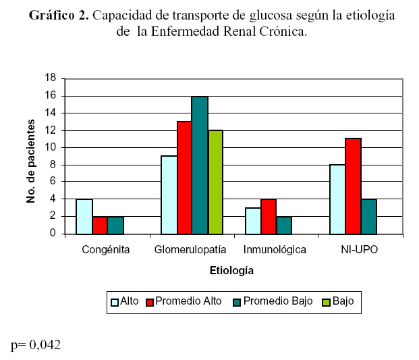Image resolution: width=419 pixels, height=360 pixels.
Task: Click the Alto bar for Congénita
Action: click(x=84, y=216)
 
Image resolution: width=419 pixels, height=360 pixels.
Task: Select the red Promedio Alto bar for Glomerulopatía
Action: click(x=184, y=178)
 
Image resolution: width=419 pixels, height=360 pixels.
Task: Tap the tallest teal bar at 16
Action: click(x=200, y=165)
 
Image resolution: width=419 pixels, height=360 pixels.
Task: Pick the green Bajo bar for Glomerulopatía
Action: click(x=215, y=182)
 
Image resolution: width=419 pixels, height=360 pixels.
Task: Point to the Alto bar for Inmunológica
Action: click(x=253, y=221)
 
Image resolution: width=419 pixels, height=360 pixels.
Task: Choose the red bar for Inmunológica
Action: click(x=269, y=216)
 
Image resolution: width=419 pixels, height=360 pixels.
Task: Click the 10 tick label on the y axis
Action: click(x=50, y=147)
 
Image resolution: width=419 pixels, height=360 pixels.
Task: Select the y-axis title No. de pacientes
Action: click(x=30, y=160)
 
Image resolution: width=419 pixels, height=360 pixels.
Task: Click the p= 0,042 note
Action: click(x=36, y=345)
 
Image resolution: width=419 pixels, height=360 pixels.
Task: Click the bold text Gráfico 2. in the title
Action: click(x=59, y=16)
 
